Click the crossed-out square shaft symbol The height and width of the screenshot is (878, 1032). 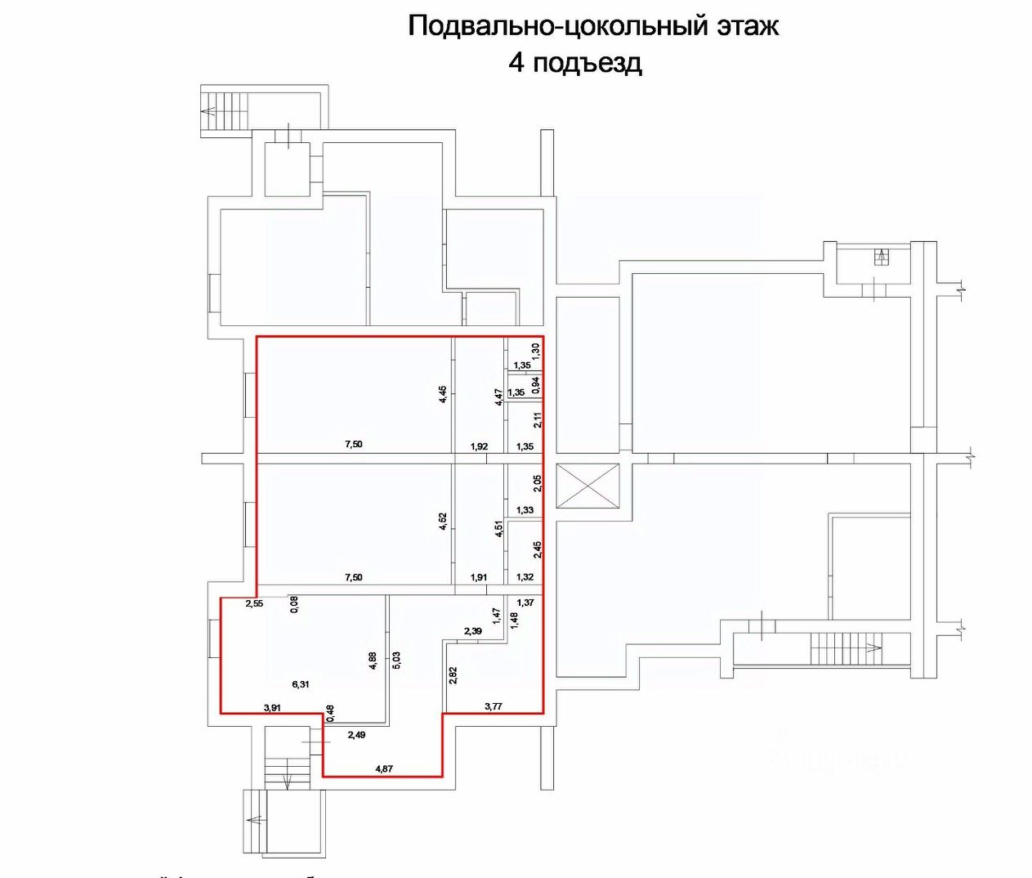click(x=588, y=485)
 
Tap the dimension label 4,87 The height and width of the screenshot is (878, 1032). click(x=384, y=768)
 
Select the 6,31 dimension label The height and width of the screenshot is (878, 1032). click(x=300, y=684)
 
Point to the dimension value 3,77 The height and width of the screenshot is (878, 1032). click(x=493, y=706)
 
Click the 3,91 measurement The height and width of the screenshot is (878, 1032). click(x=272, y=708)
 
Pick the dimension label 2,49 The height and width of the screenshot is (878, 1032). click(x=356, y=735)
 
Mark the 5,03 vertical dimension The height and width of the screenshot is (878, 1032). click(x=397, y=661)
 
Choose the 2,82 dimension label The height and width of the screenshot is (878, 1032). click(x=453, y=674)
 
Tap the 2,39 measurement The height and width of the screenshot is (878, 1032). click(x=472, y=631)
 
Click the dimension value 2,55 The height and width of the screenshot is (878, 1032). click(x=255, y=604)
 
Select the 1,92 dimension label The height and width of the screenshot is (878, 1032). click(x=479, y=446)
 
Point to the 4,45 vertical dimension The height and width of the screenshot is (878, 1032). click(x=443, y=394)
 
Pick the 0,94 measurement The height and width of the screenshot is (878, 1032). click(x=536, y=384)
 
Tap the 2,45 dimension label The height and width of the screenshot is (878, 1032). click(x=537, y=549)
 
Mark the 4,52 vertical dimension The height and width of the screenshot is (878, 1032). click(x=443, y=522)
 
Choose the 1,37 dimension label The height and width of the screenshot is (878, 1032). click(x=525, y=603)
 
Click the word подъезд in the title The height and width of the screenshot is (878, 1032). click(x=587, y=63)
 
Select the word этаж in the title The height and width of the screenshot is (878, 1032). click(x=748, y=25)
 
